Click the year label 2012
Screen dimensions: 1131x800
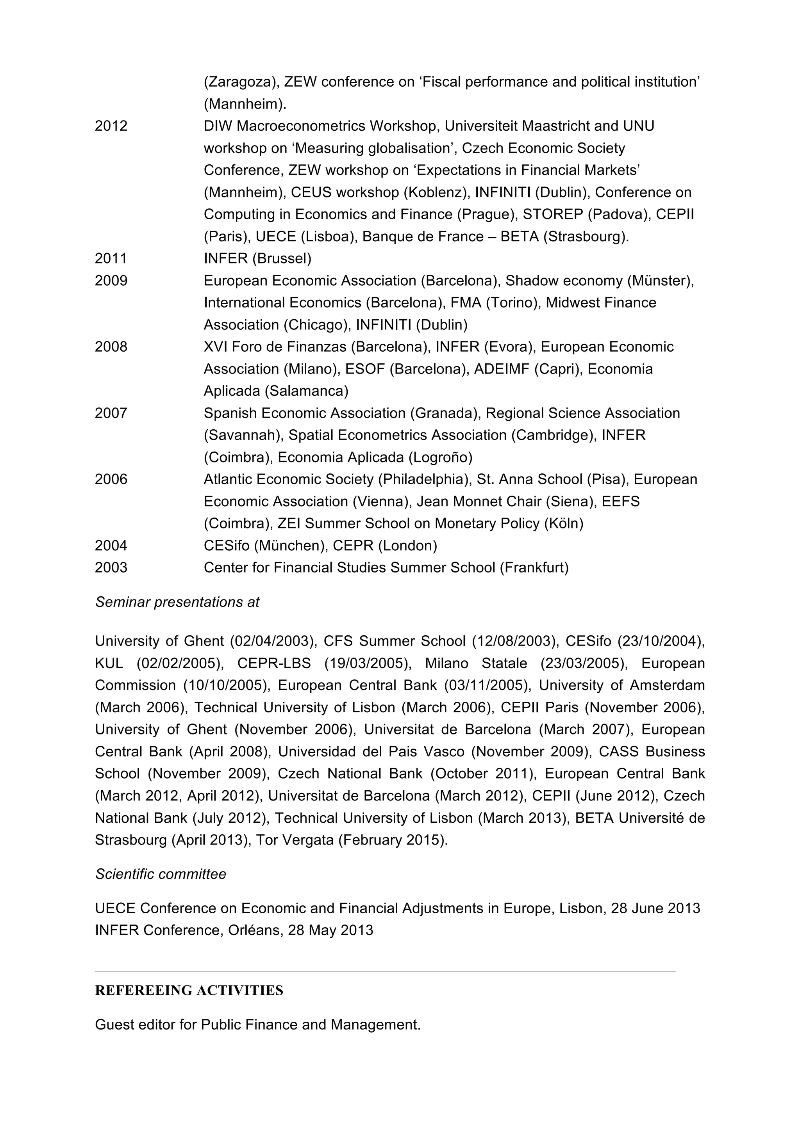111,126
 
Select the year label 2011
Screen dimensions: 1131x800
111,259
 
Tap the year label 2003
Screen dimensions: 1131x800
111,567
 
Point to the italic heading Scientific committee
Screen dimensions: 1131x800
161,874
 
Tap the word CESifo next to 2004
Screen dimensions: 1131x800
226,546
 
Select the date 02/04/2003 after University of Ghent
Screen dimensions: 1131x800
272,641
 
